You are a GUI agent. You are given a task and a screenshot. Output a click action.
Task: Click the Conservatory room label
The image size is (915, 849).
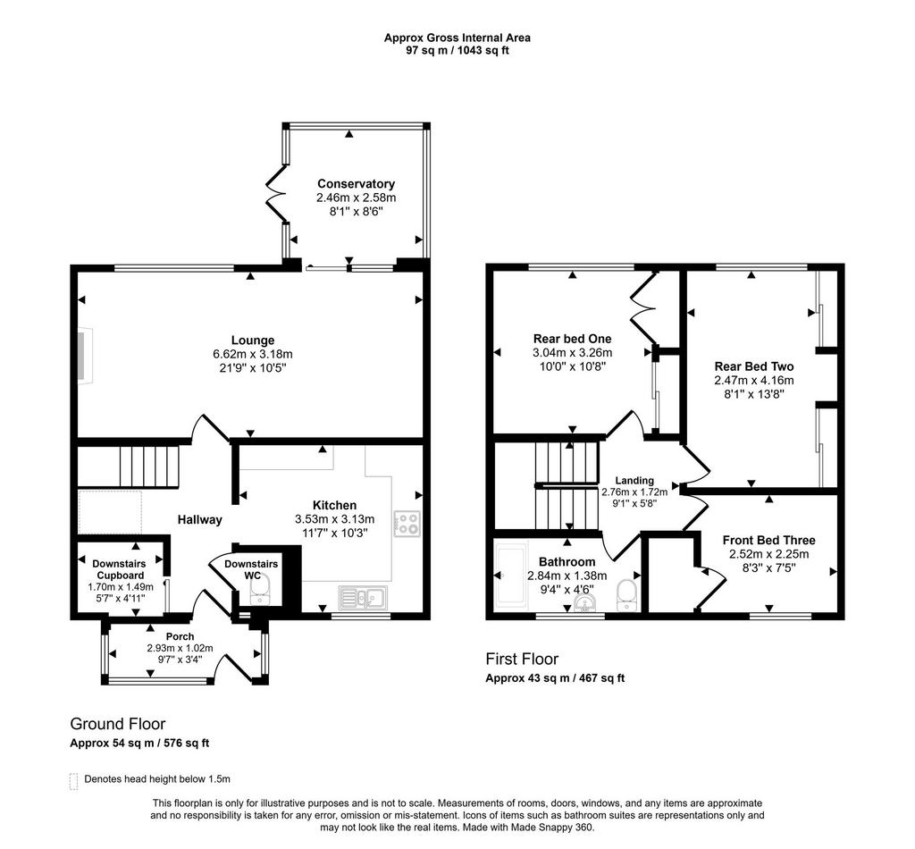click(x=356, y=184)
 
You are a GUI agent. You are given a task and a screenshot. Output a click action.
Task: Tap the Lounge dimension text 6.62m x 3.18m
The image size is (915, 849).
click(x=253, y=354)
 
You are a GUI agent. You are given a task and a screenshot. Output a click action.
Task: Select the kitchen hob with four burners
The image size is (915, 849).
click(x=407, y=524)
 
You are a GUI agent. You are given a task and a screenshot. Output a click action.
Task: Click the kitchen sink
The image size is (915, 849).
click(x=362, y=598)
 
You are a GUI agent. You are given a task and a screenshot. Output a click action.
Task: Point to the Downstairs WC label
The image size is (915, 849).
click(x=251, y=570)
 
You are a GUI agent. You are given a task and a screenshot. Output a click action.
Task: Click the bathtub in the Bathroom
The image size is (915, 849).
click(x=511, y=576)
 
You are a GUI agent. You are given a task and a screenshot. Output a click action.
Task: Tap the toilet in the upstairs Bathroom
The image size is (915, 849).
click(x=626, y=595)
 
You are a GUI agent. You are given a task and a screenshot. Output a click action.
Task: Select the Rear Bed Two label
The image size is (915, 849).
click(x=754, y=366)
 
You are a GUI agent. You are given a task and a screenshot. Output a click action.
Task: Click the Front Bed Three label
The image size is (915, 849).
click(x=768, y=541)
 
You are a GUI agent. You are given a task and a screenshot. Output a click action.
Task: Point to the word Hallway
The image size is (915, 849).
click(x=199, y=519)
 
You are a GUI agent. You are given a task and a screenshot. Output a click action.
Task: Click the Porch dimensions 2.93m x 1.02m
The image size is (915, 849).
click(x=180, y=648)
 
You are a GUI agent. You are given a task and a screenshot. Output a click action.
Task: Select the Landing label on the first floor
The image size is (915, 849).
click(x=634, y=480)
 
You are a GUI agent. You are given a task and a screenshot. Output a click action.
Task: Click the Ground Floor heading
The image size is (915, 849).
click(x=118, y=724)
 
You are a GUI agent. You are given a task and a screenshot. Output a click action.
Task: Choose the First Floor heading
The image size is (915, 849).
click(x=522, y=660)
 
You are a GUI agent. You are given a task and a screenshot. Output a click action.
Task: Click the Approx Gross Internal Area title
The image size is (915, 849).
click(x=457, y=38)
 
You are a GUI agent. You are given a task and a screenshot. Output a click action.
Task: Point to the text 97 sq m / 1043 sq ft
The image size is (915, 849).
click(x=457, y=50)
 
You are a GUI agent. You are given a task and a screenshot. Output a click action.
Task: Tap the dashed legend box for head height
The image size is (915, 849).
click(x=73, y=781)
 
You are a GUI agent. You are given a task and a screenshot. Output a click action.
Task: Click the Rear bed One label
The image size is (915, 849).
click(x=572, y=339)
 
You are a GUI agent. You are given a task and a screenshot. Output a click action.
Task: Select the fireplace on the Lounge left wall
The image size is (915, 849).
click(x=85, y=356)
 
